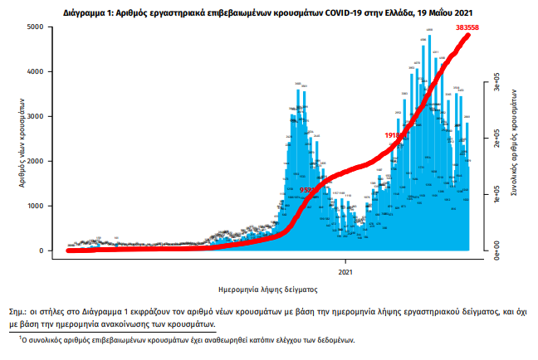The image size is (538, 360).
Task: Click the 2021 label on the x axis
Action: pyautogui.click(x=348, y=270)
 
